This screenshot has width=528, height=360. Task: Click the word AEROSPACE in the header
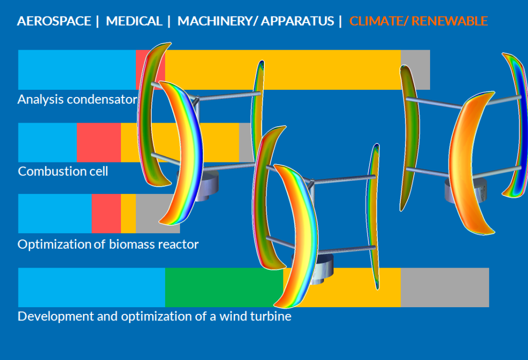pos(54,21)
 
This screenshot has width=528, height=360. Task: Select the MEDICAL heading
pos(134,21)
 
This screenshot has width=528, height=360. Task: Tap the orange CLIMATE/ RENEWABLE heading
pos(418,21)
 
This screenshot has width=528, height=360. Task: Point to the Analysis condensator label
pos(77,99)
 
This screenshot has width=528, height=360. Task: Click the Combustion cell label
pos(63,171)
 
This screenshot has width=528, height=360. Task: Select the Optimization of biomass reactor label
pos(108,244)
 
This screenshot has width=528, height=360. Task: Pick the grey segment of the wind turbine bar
pos(445,287)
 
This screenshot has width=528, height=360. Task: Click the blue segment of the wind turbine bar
pos(92,287)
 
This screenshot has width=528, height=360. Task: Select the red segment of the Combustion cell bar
pos(98,143)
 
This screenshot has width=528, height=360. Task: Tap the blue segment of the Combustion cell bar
pos(48,143)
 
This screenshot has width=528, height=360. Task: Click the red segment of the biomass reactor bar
pos(106,213)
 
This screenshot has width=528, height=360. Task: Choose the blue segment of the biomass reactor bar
pos(55,213)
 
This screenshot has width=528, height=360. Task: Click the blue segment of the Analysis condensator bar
pos(77,70)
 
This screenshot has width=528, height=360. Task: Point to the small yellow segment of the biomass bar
pos(128,213)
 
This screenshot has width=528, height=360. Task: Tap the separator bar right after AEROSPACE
pos(97,21)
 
